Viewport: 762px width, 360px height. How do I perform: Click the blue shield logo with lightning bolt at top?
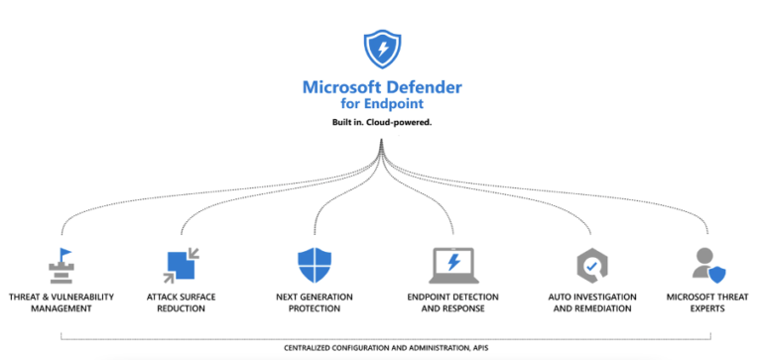[x=381, y=49]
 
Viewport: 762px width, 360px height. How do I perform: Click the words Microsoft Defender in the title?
[x=381, y=86]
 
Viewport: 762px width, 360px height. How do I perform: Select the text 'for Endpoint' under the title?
[x=381, y=102]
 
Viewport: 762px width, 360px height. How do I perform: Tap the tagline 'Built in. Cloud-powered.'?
[x=381, y=122]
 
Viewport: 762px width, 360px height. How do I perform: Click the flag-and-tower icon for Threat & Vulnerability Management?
[x=62, y=265]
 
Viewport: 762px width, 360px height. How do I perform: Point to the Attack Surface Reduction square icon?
[x=181, y=264]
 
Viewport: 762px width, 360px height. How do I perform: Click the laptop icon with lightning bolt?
[x=452, y=265]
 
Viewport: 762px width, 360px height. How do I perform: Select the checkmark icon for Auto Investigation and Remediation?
[x=592, y=265]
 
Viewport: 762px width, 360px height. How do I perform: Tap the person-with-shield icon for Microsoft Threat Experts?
[x=708, y=264]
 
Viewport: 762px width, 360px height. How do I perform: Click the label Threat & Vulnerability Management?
[x=62, y=302]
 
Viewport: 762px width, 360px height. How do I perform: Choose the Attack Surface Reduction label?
[x=182, y=302]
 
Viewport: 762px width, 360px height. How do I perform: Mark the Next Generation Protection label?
[x=313, y=302]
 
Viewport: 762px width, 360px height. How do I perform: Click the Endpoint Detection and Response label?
[x=452, y=302]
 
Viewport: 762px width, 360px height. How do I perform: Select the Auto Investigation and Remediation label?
[x=592, y=302]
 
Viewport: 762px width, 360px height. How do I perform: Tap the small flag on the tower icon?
[x=65, y=253]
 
